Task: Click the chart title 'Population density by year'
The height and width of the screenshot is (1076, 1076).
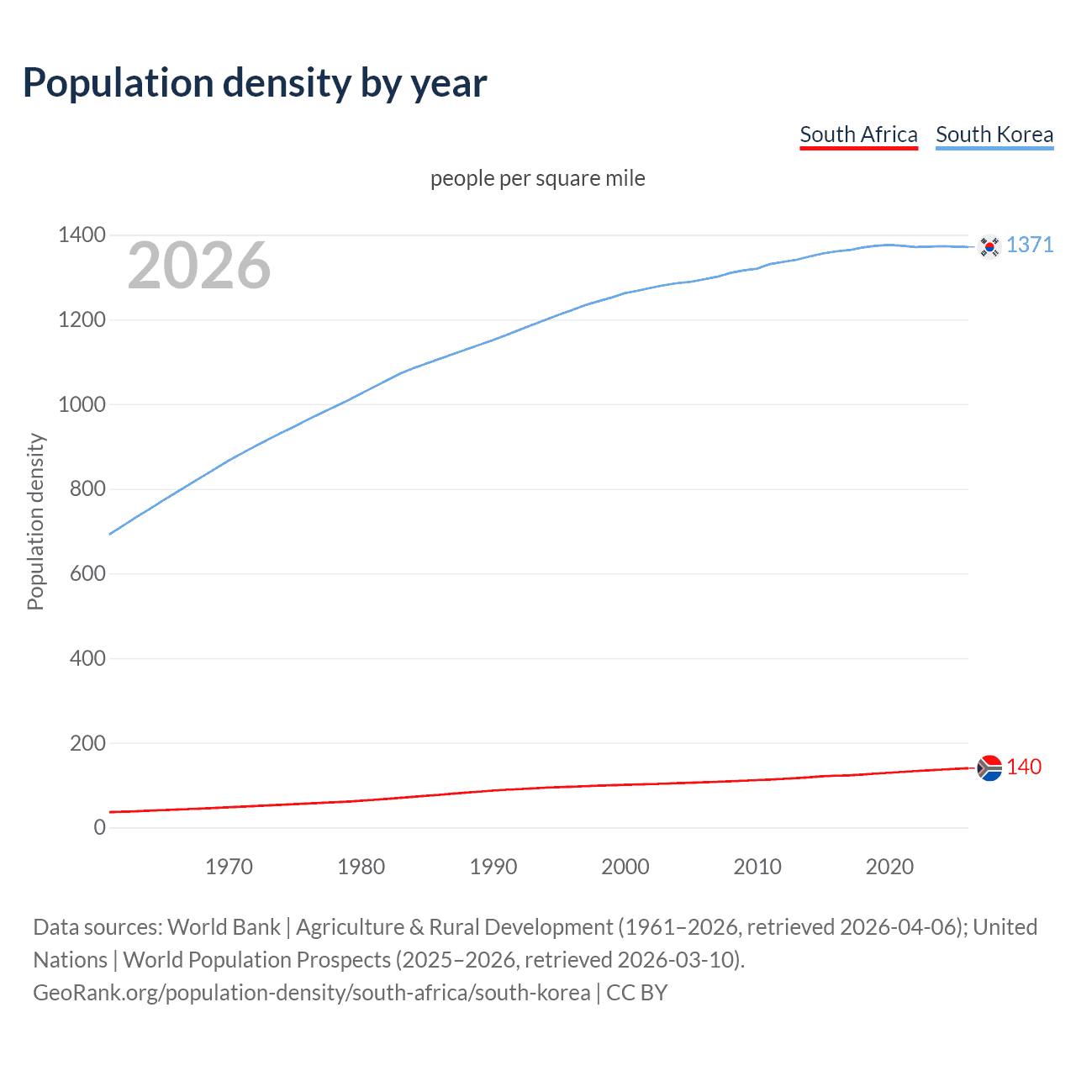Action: (x=255, y=83)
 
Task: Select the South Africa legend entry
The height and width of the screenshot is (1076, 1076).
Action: (x=858, y=134)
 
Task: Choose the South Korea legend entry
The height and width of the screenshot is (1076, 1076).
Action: (x=994, y=134)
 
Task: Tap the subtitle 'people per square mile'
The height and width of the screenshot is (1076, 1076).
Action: (x=538, y=178)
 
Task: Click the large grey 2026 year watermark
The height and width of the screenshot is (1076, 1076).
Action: (x=199, y=266)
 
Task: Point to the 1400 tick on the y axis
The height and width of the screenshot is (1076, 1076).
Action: (x=82, y=235)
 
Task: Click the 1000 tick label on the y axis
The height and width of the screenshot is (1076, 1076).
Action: (x=82, y=404)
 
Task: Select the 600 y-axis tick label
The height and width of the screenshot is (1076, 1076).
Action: (x=87, y=573)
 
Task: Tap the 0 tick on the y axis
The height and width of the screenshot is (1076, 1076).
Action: (x=100, y=827)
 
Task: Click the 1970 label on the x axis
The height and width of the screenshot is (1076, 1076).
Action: (x=229, y=867)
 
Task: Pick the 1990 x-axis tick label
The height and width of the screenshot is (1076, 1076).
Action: (x=493, y=867)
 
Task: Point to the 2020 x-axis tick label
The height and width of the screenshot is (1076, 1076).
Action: (x=889, y=867)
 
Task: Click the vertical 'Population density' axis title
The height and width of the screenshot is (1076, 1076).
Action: (x=35, y=521)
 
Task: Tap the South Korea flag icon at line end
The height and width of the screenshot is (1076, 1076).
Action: (x=989, y=246)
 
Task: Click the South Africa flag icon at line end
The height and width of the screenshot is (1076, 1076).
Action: (x=989, y=767)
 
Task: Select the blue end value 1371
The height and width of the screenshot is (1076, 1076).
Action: (x=1030, y=245)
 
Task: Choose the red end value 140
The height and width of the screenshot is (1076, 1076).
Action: (x=1024, y=767)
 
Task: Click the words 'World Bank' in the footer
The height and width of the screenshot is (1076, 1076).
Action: (x=224, y=926)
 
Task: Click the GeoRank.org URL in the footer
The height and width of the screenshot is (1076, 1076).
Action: (x=311, y=992)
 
